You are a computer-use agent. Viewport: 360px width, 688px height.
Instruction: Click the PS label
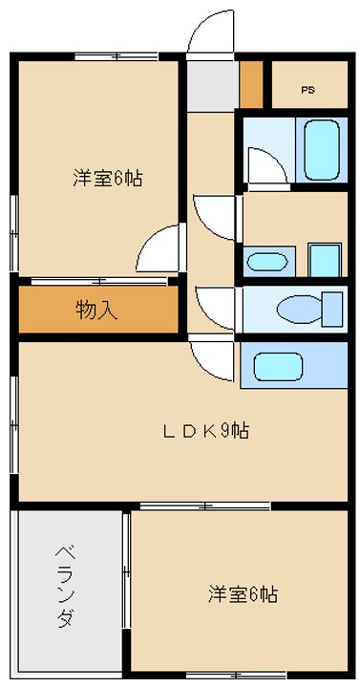(307, 91)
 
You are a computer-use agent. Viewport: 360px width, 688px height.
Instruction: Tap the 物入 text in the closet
(96, 310)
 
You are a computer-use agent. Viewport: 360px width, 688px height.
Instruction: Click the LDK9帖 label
(206, 430)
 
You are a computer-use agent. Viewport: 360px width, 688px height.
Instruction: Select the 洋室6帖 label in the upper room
(108, 179)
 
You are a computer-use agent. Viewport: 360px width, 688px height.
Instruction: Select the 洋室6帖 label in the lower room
(243, 594)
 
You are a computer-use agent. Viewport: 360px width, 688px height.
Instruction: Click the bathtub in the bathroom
(322, 149)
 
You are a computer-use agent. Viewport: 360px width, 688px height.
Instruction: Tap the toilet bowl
(300, 309)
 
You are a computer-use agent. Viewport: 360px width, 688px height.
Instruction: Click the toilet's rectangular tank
(332, 309)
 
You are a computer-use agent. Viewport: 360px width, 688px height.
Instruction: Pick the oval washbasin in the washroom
(267, 262)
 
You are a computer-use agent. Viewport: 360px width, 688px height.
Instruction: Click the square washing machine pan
(325, 260)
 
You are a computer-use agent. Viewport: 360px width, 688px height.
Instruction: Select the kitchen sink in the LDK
(279, 366)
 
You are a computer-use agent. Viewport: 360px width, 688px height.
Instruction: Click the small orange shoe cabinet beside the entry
(251, 84)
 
